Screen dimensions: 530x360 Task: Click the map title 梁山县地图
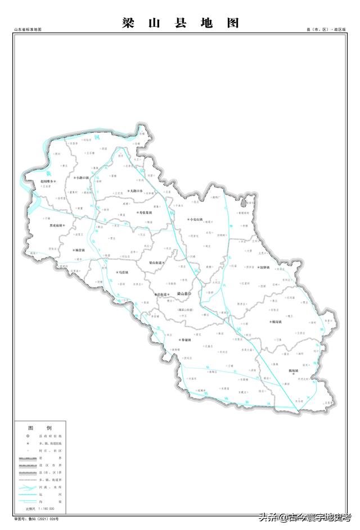181,23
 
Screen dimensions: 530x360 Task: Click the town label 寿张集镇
145,212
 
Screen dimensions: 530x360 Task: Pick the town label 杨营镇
79,250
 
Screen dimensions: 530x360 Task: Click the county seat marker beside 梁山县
190,294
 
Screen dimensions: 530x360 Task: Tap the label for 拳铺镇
186,340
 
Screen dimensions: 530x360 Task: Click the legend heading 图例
40,428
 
